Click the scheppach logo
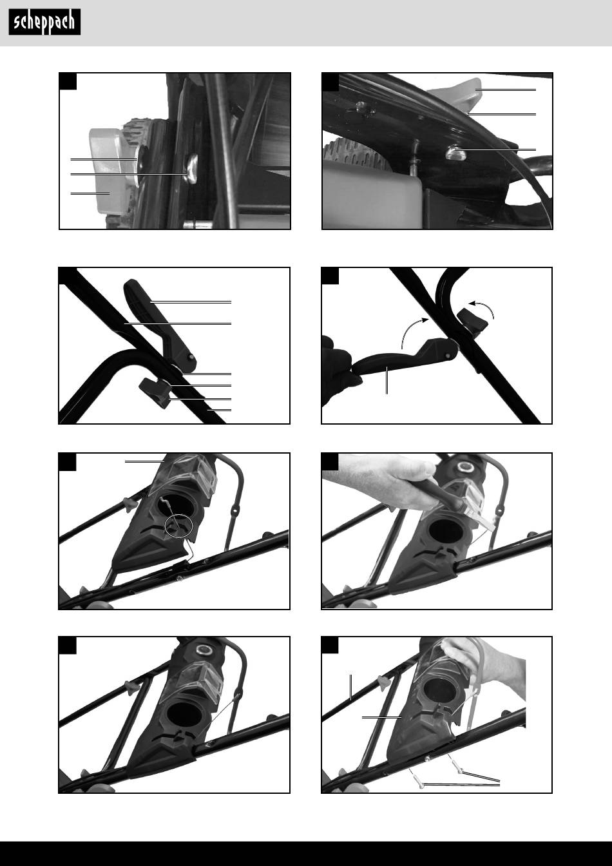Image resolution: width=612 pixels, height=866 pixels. click(44, 22)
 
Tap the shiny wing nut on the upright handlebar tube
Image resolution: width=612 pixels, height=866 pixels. click(191, 168)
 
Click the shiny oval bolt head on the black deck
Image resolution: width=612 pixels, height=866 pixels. click(455, 152)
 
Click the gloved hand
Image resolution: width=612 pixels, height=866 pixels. click(337, 371)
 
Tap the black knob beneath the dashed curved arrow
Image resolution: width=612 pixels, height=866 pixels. click(472, 320)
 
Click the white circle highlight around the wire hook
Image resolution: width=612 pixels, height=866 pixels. click(178, 526)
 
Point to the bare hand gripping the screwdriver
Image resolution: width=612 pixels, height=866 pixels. click(383, 479)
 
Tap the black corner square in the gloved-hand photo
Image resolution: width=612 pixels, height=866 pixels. click(330, 276)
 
